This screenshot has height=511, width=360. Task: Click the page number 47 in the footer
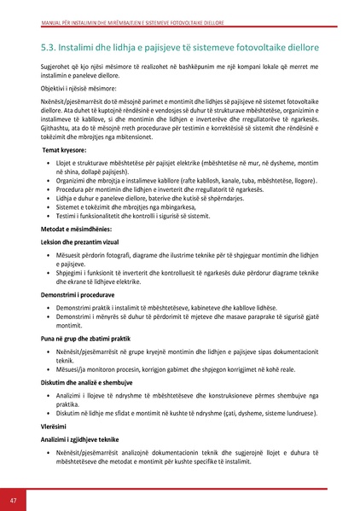click(x=13, y=499)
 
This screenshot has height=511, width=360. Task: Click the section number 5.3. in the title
click(x=53, y=45)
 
